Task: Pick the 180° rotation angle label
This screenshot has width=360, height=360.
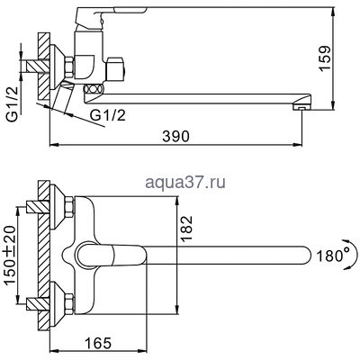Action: pos(333,256)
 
